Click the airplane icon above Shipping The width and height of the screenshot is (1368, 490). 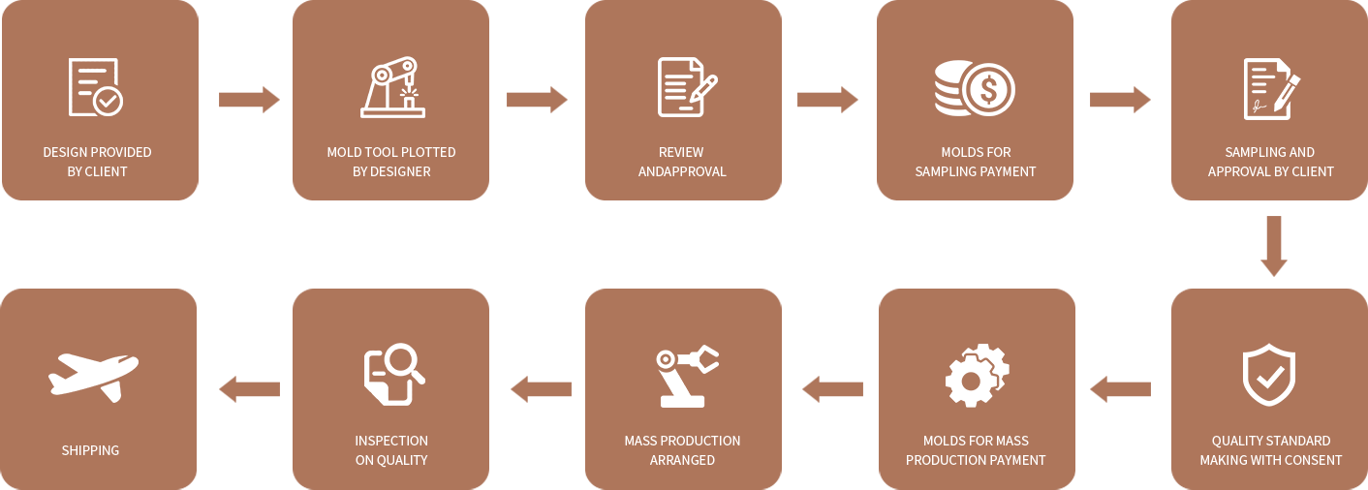tap(94, 375)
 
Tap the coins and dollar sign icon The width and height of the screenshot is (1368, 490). tap(975, 89)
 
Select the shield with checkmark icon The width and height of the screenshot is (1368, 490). tap(1269, 375)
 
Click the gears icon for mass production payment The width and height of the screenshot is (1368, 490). tap(977, 375)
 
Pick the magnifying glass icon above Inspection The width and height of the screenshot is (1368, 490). tap(393, 374)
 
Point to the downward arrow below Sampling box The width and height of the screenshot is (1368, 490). tap(1273, 246)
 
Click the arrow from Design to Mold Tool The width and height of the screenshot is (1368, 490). tap(249, 99)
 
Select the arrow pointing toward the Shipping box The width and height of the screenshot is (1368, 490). tap(249, 389)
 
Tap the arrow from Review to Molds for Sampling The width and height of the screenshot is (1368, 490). tap(827, 99)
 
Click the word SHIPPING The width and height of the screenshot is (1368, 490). tap(90, 450)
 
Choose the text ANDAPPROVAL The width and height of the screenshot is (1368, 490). tap(682, 171)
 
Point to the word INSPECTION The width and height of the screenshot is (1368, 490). tap(391, 441)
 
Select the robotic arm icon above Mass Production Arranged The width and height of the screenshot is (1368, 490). tap(685, 375)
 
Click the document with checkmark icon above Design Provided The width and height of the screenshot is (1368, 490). tap(95, 87)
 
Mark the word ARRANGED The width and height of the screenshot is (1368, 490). tap(682, 460)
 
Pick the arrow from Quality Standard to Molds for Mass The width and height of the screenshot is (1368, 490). tap(1120, 389)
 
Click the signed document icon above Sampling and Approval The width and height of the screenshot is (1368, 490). tap(1270, 89)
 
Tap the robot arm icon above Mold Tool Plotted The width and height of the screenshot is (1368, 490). tap(392, 87)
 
